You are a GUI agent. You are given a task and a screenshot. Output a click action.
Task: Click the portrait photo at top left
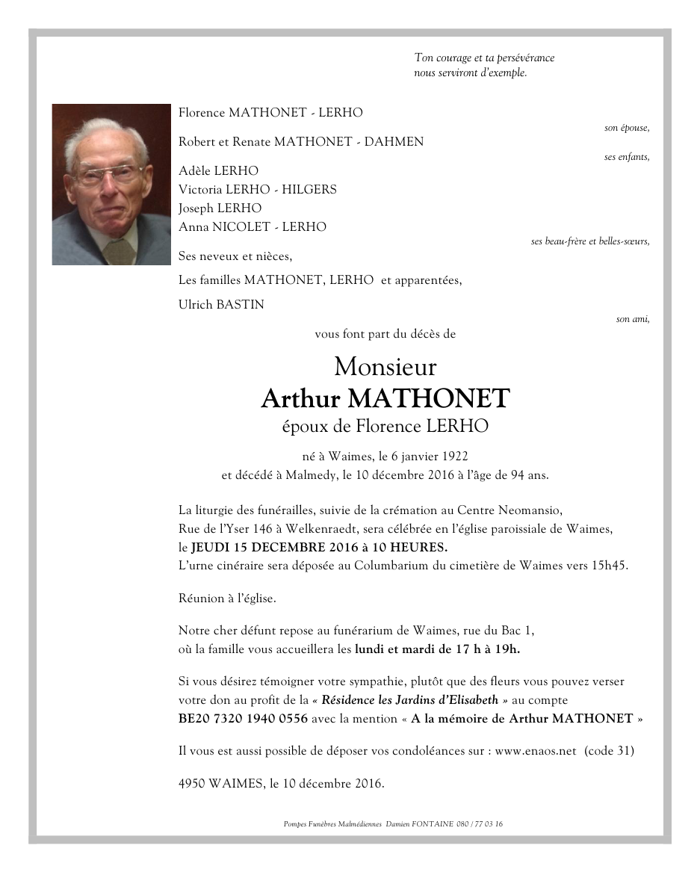pyautogui.click(x=111, y=185)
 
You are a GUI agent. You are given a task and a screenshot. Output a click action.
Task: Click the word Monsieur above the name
pyautogui.click(x=385, y=367)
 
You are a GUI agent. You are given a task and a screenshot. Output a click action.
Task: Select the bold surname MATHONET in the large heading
pyautogui.click(x=437, y=399)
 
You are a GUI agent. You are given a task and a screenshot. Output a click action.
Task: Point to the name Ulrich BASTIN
pyautogui.click(x=221, y=305)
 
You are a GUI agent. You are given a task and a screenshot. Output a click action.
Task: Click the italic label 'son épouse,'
pyautogui.click(x=626, y=129)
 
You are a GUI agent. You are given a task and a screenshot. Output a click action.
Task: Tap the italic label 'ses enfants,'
pyautogui.click(x=626, y=157)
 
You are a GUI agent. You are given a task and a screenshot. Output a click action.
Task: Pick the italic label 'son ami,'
pyautogui.click(x=632, y=319)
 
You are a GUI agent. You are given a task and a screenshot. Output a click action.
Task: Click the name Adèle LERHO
pyautogui.click(x=218, y=171)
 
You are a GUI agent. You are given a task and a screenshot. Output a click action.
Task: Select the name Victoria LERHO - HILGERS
pyautogui.click(x=257, y=190)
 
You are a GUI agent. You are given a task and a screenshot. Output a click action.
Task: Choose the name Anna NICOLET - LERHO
pyautogui.click(x=252, y=227)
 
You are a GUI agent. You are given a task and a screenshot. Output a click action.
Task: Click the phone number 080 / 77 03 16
pyautogui.click(x=476, y=824)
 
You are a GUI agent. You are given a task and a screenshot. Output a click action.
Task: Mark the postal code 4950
pyautogui.click(x=192, y=784)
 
